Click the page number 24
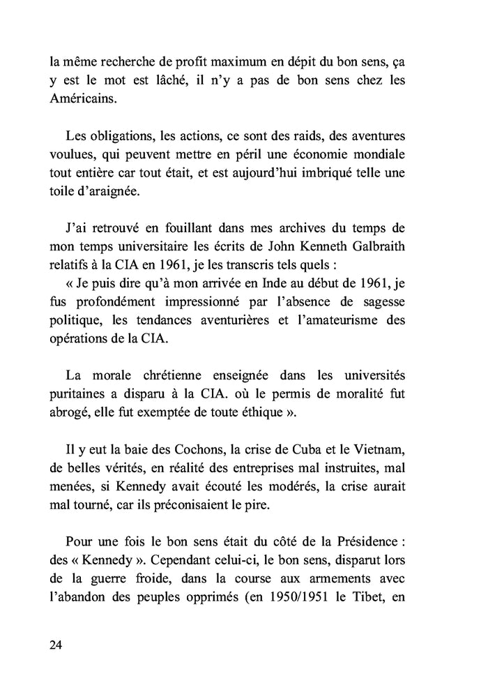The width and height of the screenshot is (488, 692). (56, 644)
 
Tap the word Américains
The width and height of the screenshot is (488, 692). (84, 100)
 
